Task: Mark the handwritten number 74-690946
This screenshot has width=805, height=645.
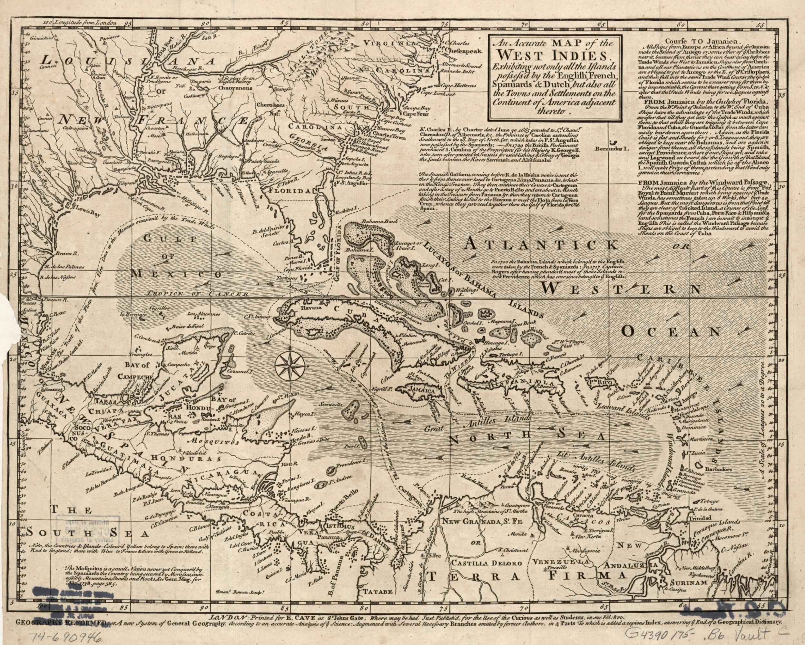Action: pos(64,637)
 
